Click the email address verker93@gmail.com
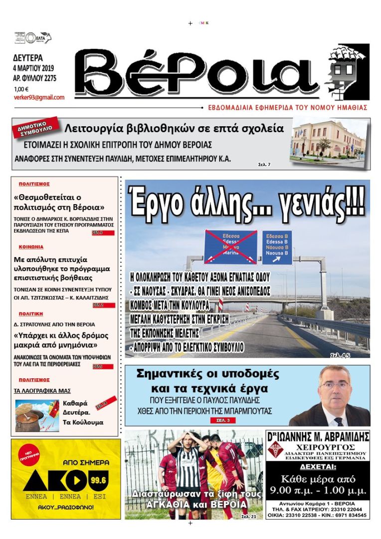click(39, 97)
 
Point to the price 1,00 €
click(21, 89)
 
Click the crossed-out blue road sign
click(230, 247)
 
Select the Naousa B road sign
click(277, 248)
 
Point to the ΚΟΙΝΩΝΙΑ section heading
click(31, 247)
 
